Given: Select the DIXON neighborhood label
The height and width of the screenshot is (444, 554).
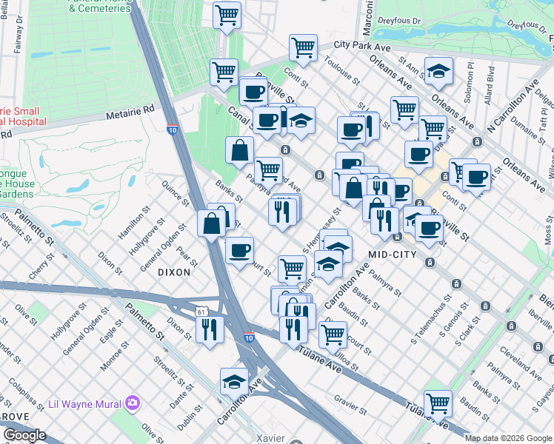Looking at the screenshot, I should [x=174, y=272].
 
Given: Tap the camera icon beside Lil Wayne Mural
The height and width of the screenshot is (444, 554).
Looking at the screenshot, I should [x=133, y=403].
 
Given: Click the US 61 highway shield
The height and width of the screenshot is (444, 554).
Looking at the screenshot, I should [x=202, y=313].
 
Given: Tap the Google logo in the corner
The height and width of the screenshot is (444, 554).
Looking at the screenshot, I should [x=24, y=435].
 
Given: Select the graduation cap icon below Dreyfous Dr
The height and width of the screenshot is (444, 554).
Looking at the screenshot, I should [x=439, y=72].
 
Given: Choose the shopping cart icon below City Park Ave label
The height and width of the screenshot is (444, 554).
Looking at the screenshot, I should [x=304, y=47].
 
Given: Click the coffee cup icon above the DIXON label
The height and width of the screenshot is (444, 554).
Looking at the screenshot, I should [x=238, y=250].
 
